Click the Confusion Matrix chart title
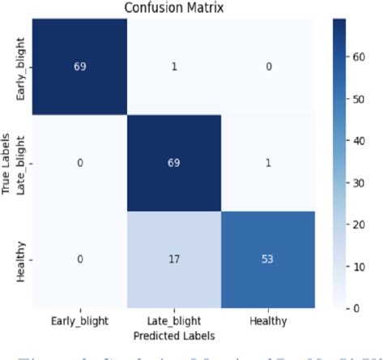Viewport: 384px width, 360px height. tap(173, 7)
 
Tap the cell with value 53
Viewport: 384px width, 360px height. tap(267, 259)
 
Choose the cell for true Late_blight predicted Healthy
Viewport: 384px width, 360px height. tap(267, 162)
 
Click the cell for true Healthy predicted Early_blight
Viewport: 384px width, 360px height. tap(79, 259)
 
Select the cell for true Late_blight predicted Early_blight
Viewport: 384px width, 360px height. tap(79, 162)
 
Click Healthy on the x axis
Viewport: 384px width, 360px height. tap(267, 319)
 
